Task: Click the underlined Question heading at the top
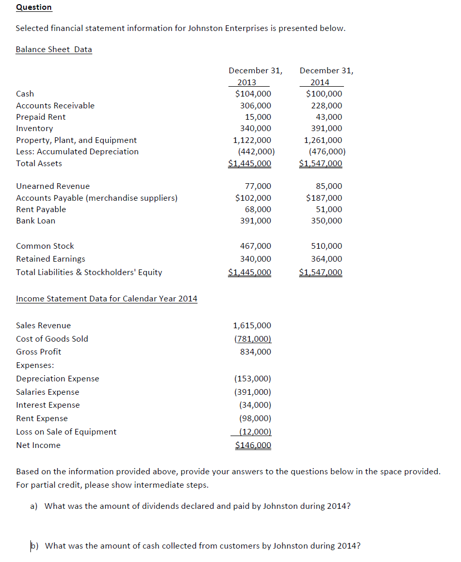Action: [x=34, y=7]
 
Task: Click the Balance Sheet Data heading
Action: [x=54, y=50]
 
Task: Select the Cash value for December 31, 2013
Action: [x=253, y=94]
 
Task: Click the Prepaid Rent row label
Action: [x=41, y=117]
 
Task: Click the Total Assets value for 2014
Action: [x=320, y=164]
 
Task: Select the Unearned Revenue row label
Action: [x=53, y=186]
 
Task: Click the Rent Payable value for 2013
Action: [x=256, y=210]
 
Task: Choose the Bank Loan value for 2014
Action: [x=326, y=221]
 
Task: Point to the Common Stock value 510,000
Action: [x=326, y=246]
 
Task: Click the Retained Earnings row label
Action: [x=51, y=259]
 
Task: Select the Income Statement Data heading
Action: [x=106, y=299]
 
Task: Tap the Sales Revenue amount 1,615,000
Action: [x=252, y=326]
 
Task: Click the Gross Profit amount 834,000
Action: [x=256, y=352]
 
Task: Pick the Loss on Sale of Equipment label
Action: [x=66, y=432]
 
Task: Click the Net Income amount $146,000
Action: [x=253, y=445]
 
